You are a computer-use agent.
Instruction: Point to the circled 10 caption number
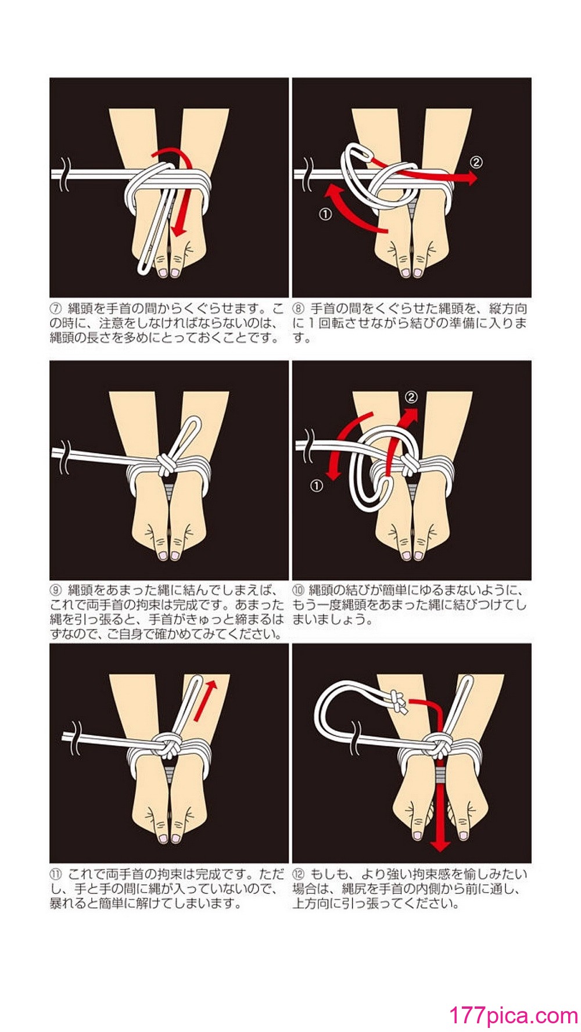click(x=299, y=590)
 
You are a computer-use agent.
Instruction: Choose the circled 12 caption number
click(x=299, y=873)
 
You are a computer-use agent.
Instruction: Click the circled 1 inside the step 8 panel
click(x=325, y=214)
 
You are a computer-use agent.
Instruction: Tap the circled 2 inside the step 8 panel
click(x=476, y=162)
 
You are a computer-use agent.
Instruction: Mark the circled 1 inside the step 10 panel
click(x=316, y=486)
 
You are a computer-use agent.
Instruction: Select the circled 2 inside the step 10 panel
click(x=411, y=397)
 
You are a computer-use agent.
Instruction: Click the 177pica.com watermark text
click(x=514, y=1015)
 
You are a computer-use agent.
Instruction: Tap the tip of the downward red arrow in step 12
click(x=440, y=851)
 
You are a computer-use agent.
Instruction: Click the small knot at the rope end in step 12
click(x=397, y=702)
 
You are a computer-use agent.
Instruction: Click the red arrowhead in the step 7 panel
click(x=180, y=228)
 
